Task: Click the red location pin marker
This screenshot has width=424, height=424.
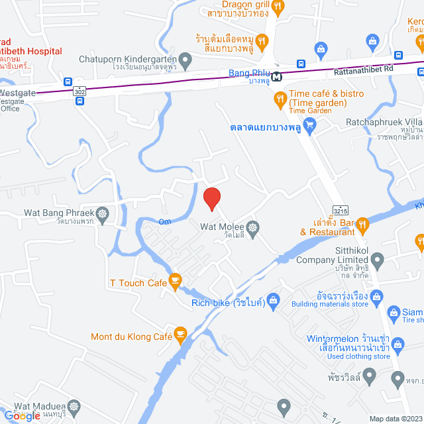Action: pos(211,198)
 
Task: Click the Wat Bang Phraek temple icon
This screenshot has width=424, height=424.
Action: pos(102,213)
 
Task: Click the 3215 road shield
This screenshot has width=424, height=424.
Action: pos(341,210)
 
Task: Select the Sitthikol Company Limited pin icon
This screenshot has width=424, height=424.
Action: pos(377,259)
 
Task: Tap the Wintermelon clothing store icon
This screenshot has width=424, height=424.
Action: pos(397,343)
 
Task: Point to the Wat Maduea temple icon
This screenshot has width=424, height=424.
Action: pos(74,405)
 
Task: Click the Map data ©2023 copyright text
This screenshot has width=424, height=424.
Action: pos(395,419)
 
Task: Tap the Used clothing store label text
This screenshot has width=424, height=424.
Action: pos(348,356)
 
